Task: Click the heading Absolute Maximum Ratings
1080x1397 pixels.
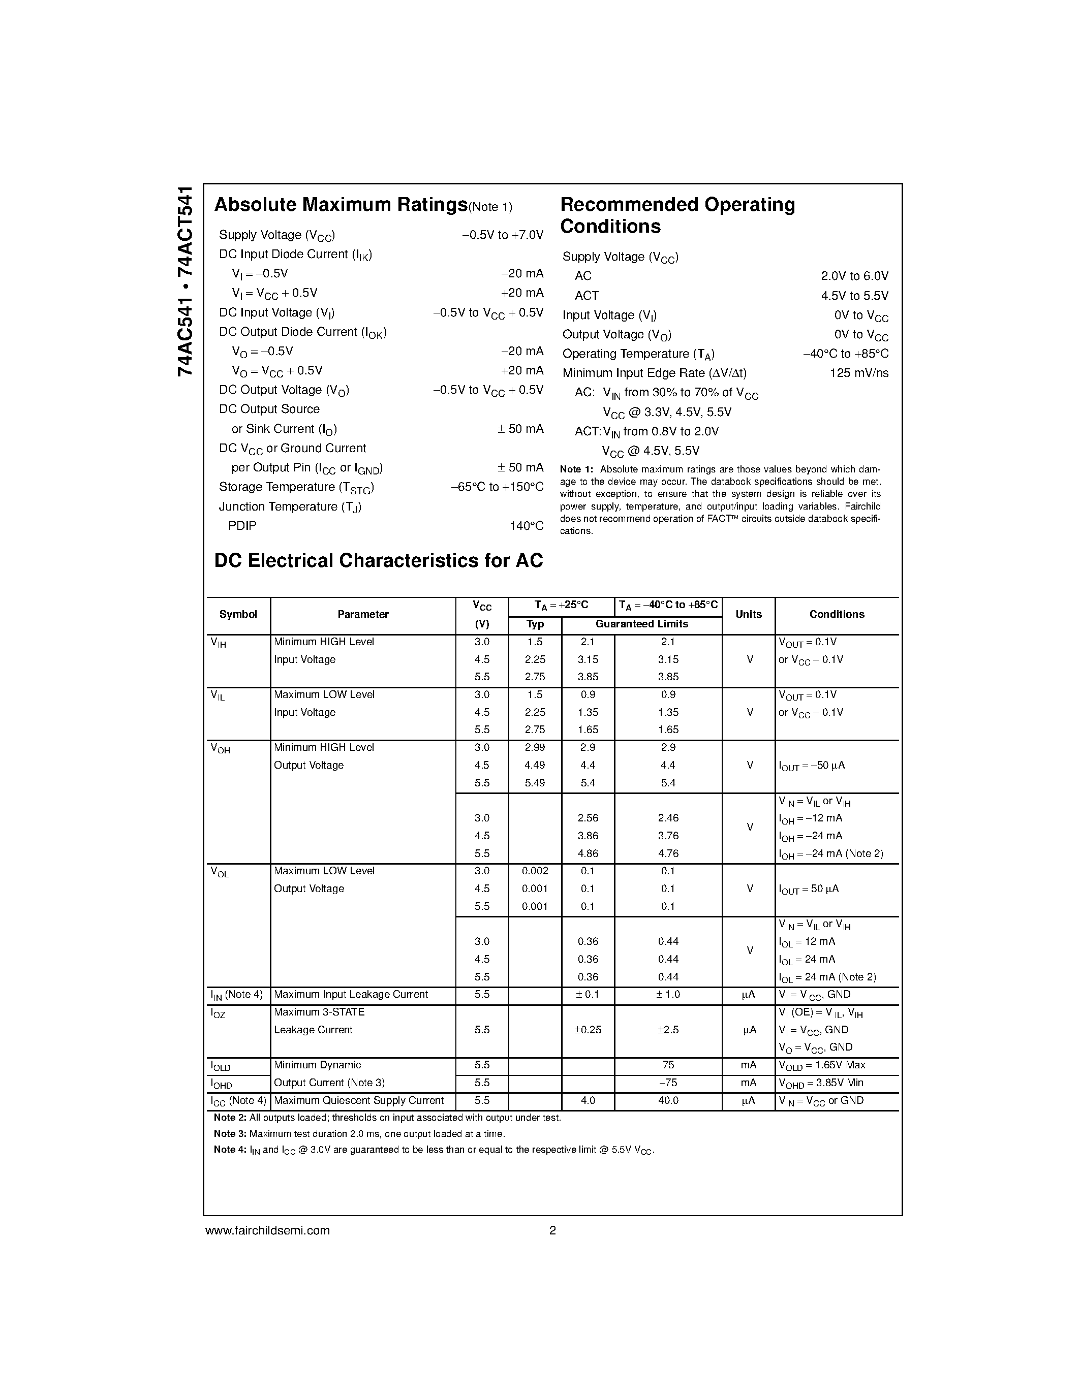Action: tap(341, 205)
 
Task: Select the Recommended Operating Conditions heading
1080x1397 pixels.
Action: tap(677, 215)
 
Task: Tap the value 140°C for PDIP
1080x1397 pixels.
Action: tap(526, 526)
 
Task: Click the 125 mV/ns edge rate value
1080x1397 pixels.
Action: tap(858, 373)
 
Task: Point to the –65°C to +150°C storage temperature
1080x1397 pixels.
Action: tap(497, 487)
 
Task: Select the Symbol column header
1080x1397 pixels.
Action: tap(238, 614)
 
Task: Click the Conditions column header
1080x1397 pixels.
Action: tap(836, 614)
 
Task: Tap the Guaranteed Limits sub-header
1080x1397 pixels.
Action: tap(641, 624)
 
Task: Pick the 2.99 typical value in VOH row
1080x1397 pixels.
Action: tap(534, 747)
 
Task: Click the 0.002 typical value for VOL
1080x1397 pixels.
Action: tap(535, 871)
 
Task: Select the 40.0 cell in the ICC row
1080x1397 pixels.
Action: tap(668, 1100)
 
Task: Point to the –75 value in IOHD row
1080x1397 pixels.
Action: tap(668, 1082)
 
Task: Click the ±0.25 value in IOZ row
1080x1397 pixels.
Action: tap(588, 1030)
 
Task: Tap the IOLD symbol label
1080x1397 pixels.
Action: tap(221, 1066)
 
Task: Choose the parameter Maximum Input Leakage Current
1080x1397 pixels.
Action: tap(351, 994)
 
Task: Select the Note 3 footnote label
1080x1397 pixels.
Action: tap(230, 1133)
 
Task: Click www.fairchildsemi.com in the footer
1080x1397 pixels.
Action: tap(267, 1230)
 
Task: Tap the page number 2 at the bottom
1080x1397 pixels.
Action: tap(552, 1230)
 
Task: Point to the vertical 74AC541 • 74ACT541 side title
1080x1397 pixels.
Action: tap(185, 281)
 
